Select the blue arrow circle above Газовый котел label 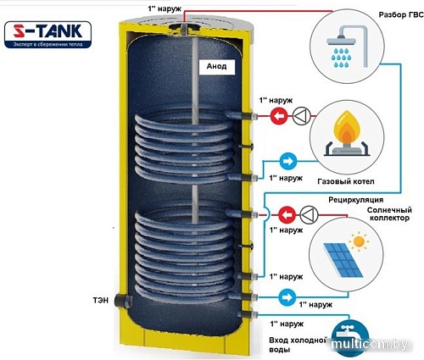[x=287, y=159]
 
